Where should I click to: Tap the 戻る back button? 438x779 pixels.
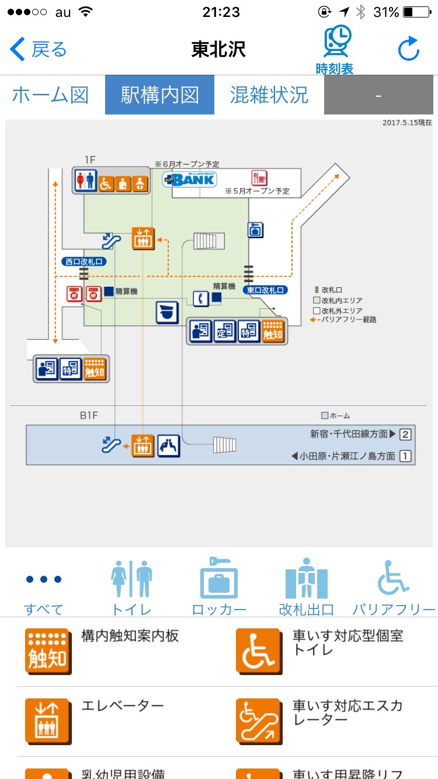[x=39, y=50]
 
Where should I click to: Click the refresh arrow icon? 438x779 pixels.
[x=409, y=50]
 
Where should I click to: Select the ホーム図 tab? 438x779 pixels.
[x=50, y=95]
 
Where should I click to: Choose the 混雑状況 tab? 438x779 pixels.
[x=269, y=95]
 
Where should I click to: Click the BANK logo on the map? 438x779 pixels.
[x=185, y=179]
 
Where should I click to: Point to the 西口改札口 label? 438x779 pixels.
[x=84, y=262]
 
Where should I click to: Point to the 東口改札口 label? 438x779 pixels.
[x=266, y=289]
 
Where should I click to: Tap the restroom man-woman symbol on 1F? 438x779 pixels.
[x=86, y=182]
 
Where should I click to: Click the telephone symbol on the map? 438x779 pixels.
[x=201, y=298]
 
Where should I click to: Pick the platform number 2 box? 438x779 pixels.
[x=405, y=434]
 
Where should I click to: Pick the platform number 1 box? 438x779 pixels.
[x=405, y=456]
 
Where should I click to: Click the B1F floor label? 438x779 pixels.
[x=89, y=416]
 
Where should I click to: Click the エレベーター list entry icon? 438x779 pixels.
[x=48, y=721]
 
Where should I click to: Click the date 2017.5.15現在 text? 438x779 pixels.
[x=407, y=123]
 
